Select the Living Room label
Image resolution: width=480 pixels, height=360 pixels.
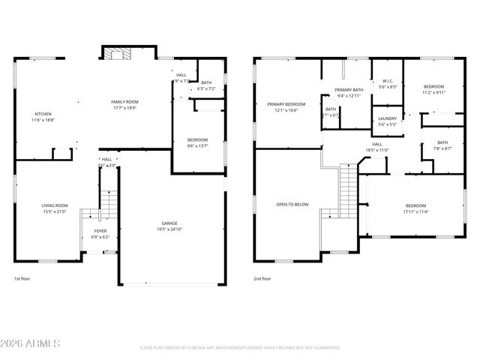coord(54,208)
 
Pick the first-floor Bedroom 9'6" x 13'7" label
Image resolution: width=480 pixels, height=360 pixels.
coord(197,142)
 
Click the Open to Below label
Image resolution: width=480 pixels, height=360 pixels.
coord(292,204)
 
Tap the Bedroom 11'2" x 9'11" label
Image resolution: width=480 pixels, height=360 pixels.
coord(433,89)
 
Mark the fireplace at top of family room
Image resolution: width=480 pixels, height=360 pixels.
coord(116,53)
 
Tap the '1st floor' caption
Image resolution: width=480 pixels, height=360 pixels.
coord(22,279)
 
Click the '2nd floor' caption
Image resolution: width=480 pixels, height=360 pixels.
coord(262,279)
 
